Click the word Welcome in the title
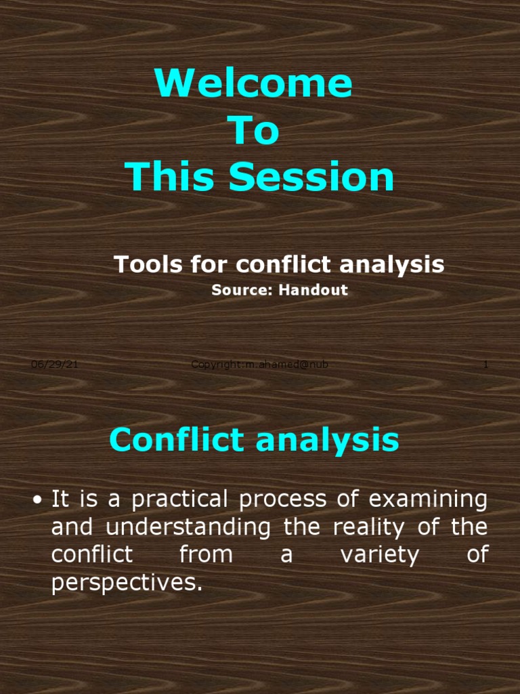(x=253, y=83)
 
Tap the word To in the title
(x=255, y=131)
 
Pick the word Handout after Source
(x=316, y=290)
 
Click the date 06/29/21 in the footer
(x=55, y=365)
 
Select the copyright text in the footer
(x=259, y=365)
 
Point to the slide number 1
(x=485, y=365)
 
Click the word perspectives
(x=127, y=584)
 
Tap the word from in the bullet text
(x=206, y=555)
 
